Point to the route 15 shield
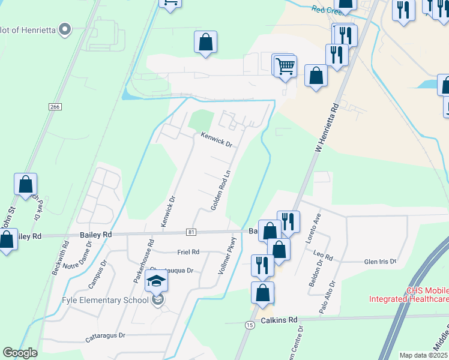(249, 325)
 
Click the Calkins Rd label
(279, 320)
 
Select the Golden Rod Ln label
(220, 190)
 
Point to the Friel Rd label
(188, 252)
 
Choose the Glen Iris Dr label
(381, 262)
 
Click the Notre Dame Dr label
(79, 262)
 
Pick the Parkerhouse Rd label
(143, 261)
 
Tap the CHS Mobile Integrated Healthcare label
(409, 295)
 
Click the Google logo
(20, 353)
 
